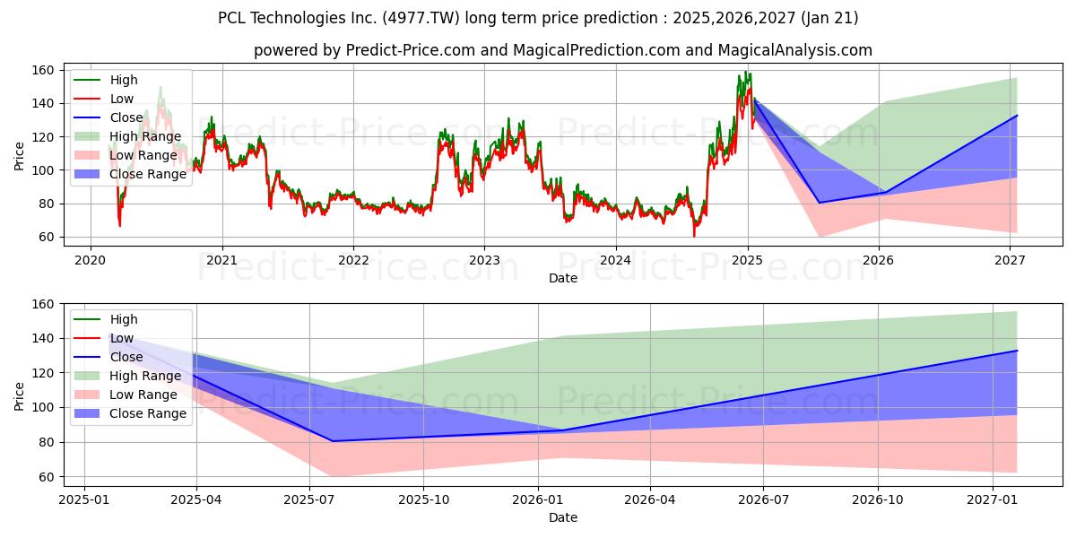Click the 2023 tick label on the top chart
point(484,261)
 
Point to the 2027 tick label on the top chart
point(1010,261)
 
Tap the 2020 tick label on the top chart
point(91,261)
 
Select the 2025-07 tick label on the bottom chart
point(309,500)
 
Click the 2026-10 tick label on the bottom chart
point(878,500)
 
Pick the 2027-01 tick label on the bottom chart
point(993,500)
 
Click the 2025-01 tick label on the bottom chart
point(84,500)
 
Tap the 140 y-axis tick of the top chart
point(43,104)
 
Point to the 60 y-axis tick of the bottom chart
point(47,477)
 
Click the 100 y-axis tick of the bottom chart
point(43,408)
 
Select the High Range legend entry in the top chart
point(128,136)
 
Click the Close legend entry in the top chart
point(108,117)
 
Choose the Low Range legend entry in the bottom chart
point(126,395)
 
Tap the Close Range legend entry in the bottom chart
point(130,413)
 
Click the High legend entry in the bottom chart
point(106,319)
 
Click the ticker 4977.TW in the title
point(421,18)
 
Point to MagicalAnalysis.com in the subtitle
point(795,50)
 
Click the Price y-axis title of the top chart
point(19,156)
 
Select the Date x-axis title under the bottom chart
point(563,517)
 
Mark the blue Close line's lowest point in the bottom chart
point(333,441)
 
